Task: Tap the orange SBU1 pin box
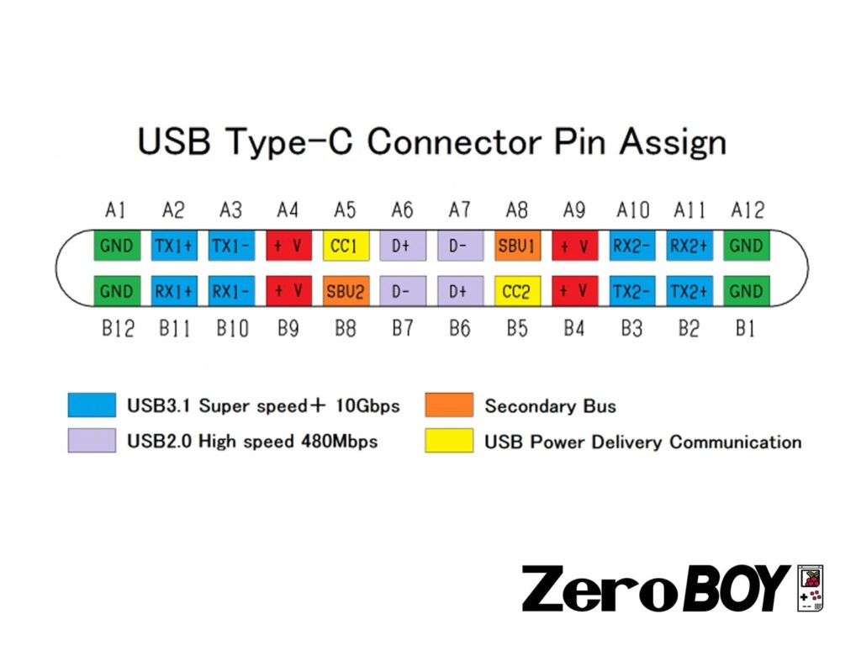517,246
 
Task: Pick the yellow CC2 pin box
517,291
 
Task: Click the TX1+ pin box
174,246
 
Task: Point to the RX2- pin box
632,246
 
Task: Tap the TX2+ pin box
689,291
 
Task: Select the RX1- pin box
231,291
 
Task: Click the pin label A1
116,209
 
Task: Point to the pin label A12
746,209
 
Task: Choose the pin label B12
118,328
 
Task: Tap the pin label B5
517,328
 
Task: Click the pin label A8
517,209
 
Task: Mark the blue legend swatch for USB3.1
92,405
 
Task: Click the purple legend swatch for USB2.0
92,441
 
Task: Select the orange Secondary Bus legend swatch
449,405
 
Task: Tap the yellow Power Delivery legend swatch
449,441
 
